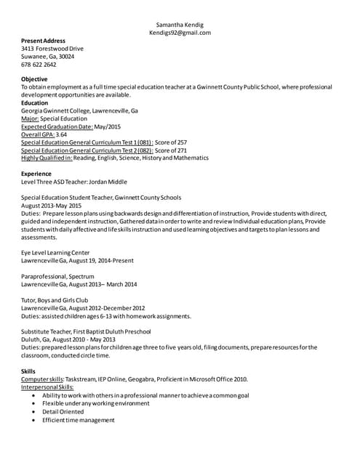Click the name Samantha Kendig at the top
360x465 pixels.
[180, 24]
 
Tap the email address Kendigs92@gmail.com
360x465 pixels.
[180, 33]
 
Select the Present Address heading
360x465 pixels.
[43, 41]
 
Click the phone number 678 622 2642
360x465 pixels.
[39, 65]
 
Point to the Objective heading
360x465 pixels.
[34, 79]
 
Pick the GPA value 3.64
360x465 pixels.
[62, 134]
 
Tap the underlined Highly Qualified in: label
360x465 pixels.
[47, 158]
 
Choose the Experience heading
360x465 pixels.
[36, 174]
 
